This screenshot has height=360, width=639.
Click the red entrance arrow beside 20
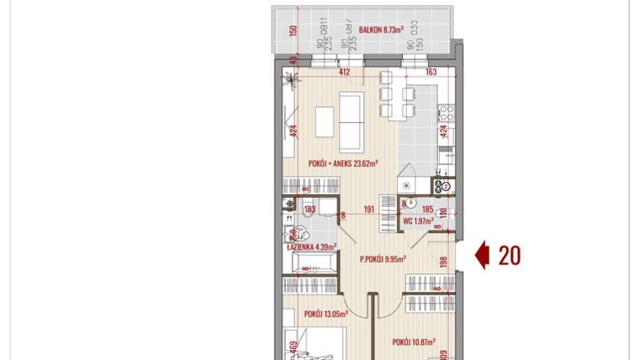click(x=483, y=256)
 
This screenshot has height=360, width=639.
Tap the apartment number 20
click(x=509, y=256)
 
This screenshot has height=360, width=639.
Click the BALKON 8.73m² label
click(x=381, y=29)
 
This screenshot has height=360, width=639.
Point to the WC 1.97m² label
click(x=418, y=221)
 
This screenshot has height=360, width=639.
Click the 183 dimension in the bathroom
click(x=309, y=209)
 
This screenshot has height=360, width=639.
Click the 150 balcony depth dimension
click(x=293, y=32)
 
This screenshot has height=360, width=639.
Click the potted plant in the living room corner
click(x=291, y=79)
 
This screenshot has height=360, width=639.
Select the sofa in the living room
click(x=350, y=117)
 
